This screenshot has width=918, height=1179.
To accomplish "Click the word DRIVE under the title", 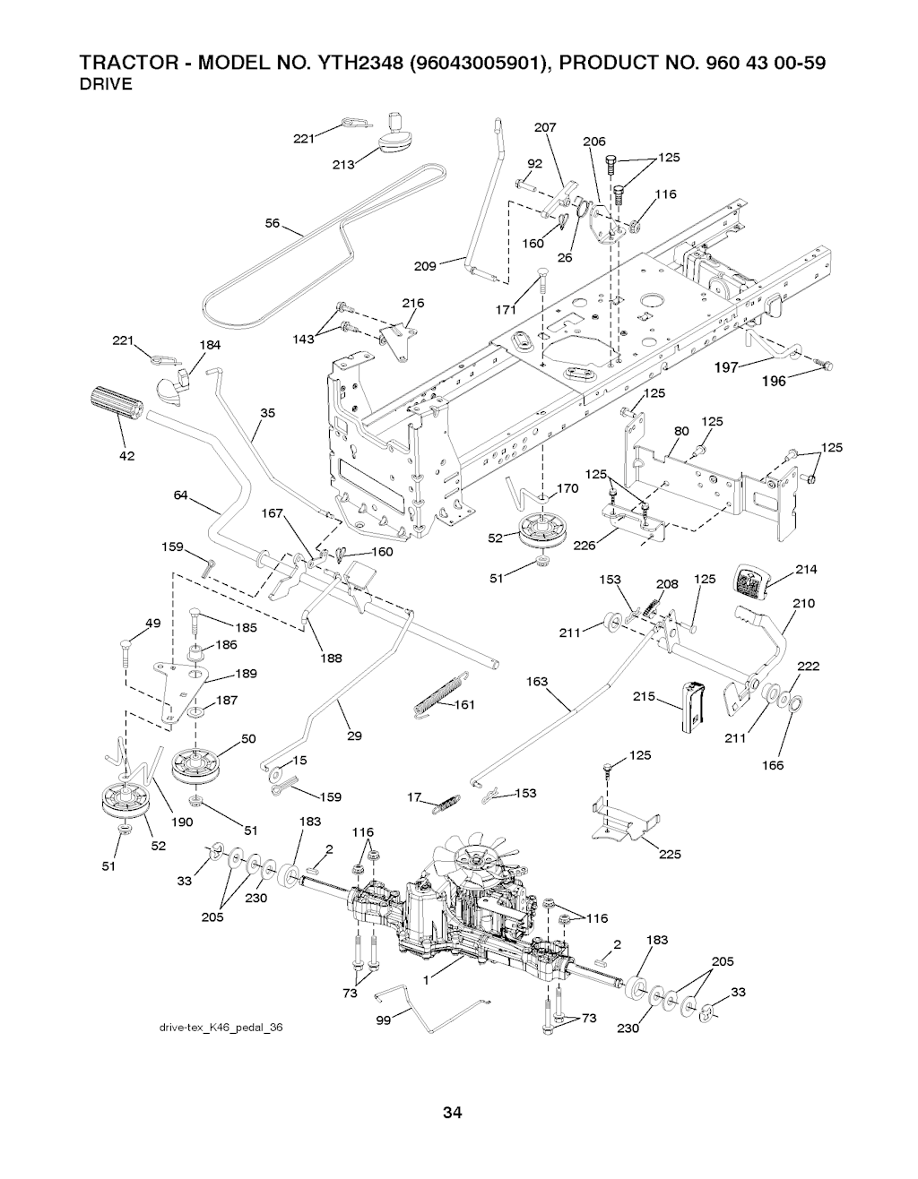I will pos(107,85).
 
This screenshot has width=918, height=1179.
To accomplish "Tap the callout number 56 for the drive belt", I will pos(273,224).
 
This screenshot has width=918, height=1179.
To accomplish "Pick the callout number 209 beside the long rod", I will pos(425,266).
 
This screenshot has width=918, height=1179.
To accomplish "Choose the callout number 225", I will pos(670,854).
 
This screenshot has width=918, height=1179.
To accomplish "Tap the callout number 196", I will pos(773,382).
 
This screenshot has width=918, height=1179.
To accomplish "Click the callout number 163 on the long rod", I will pos(537,683).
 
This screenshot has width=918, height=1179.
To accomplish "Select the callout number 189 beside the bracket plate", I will pos(246,674).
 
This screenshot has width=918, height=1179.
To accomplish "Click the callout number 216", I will pos(413,304).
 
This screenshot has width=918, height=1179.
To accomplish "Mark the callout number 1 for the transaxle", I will pos(428,980).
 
